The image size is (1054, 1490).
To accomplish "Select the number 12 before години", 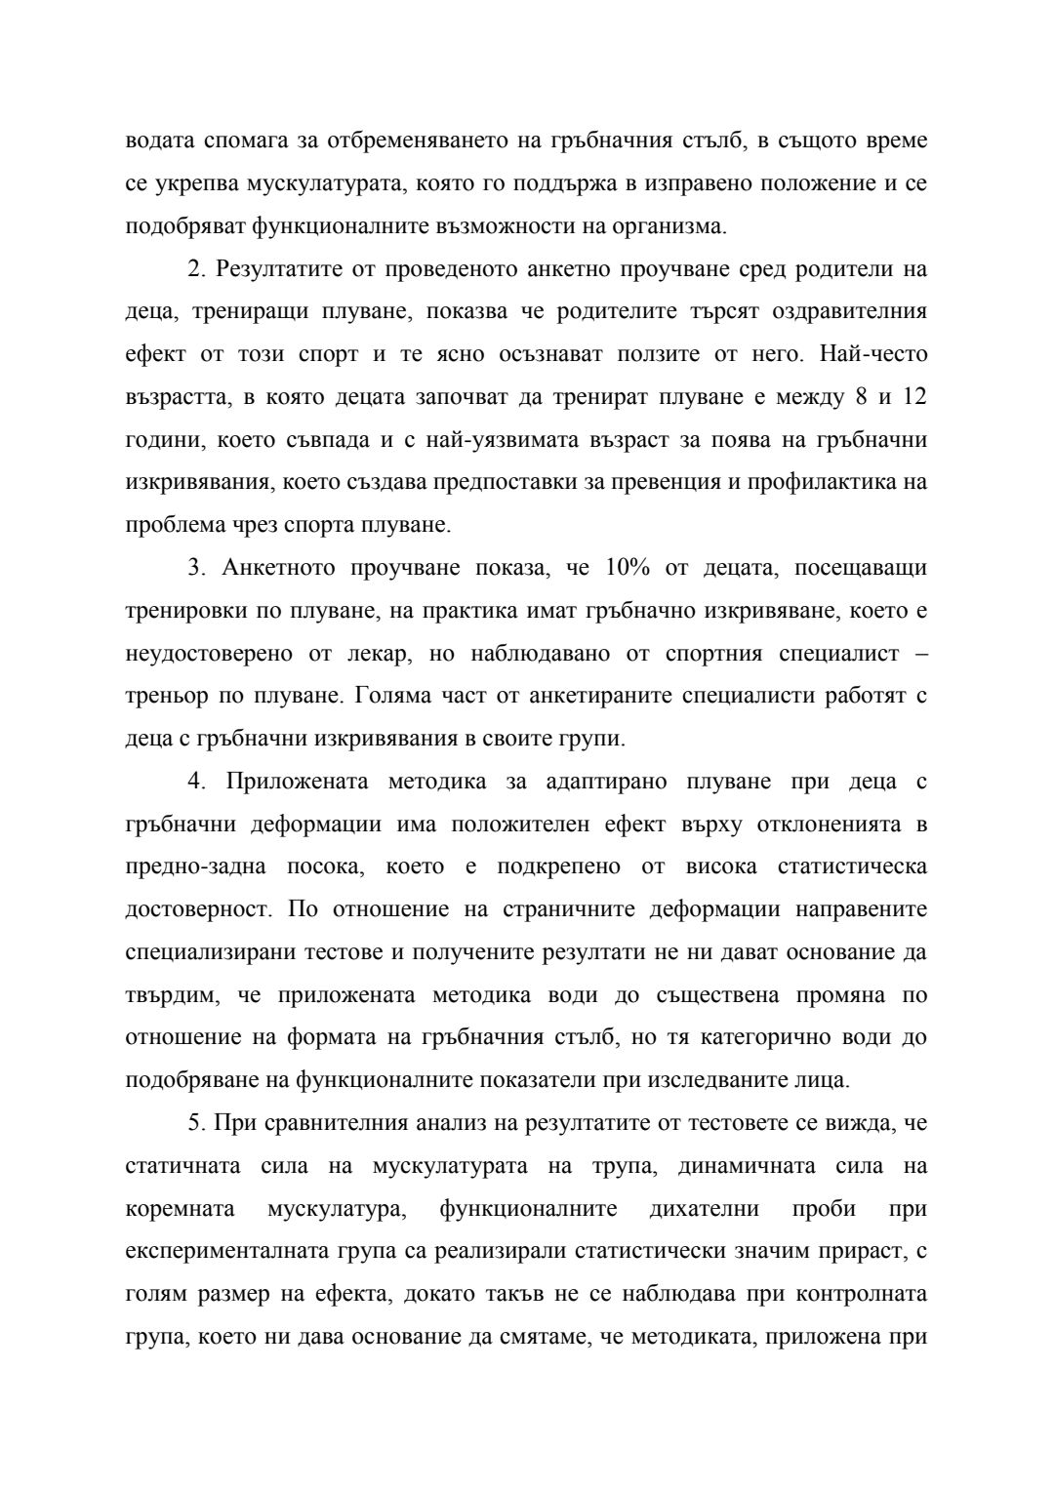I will tap(913, 397).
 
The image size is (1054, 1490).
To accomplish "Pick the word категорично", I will tap(770, 1038).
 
